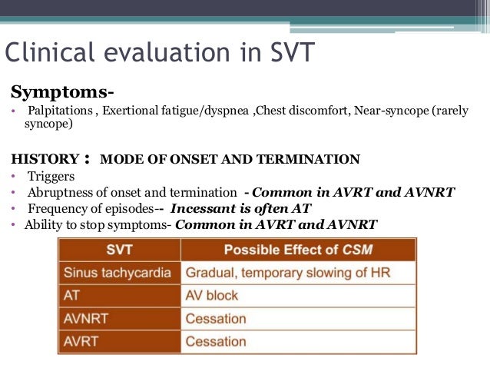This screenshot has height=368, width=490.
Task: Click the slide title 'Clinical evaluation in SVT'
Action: pyautogui.click(x=159, y=53)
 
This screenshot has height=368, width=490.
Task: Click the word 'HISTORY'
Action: pyautogui.click(x=45, y=160)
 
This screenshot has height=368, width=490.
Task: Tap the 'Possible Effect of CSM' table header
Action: pyautogui.click(x=297, y=250)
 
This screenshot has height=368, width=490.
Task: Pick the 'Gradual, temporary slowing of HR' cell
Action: pyautogui.click(x=297, y=273)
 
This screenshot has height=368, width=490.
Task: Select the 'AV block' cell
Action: pyautogui.click(x=212, y=296)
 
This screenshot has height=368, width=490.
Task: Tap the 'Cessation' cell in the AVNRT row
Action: pyautogui.click(x=216, y=319)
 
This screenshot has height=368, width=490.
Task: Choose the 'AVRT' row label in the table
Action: pyautogui.click(x=81, y=341)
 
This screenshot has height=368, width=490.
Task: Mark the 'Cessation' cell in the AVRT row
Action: pyautogui.click(x=216, y=341)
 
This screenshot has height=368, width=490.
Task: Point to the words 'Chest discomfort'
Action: pyautogui.click(x=301, y=111)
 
